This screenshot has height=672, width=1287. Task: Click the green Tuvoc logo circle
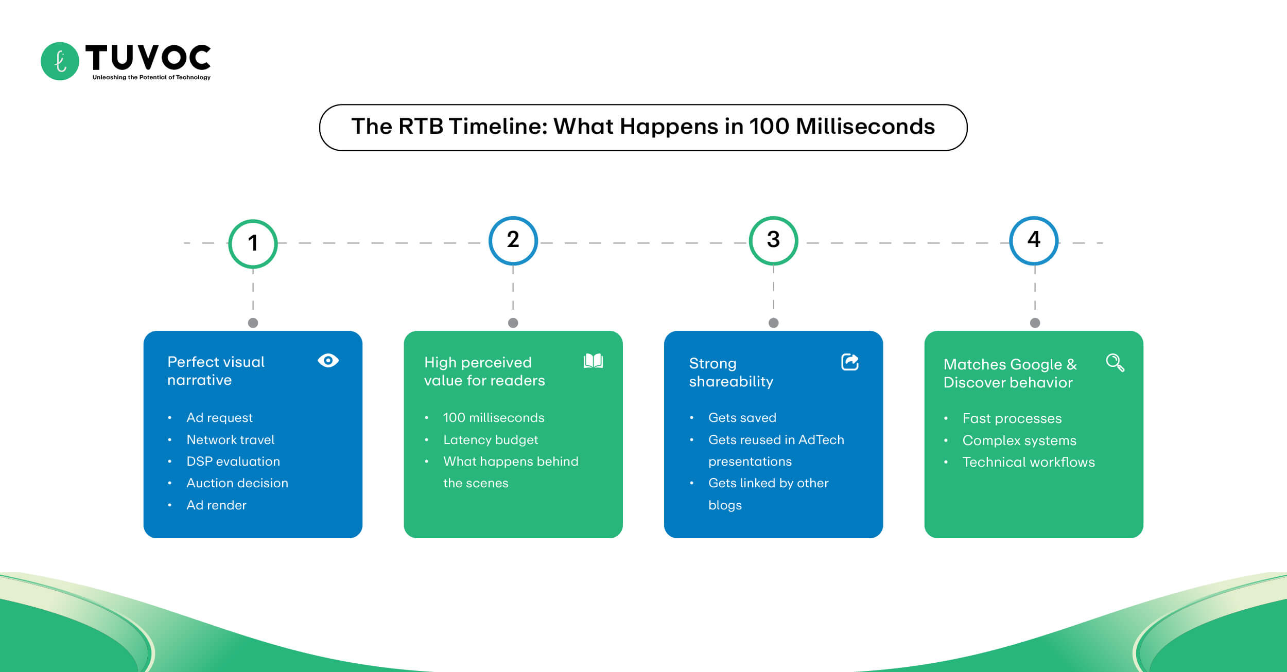tap(60, 61)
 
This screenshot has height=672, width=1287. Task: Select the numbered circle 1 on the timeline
tap(253, 243)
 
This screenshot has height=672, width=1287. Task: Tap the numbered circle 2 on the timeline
tap(513, 240)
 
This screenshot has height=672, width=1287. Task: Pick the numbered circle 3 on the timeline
tap(773, 240)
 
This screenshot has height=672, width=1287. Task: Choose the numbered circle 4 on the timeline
tap(1034, 240)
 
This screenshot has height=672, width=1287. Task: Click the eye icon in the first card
tap(328, 360)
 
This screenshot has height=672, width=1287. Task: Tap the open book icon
tap(593, 361)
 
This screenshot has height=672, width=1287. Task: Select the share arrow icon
tap(849, 362)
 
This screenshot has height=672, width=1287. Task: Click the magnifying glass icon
tap(1115, 362)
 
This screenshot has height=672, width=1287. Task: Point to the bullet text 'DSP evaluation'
tap(233, 461)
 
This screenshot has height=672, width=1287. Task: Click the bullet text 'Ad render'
tap(216, 505)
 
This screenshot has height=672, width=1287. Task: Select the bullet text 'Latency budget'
tap(491, 439)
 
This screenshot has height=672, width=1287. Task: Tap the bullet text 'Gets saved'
tap(742, 417)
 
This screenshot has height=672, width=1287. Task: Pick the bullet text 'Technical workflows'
tap(1029, 462)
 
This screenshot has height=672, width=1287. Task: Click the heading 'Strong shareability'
tap(731, 372)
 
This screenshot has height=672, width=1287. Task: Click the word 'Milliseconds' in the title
tap(865, 127)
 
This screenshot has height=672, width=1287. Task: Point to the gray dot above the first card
tap(253, 323)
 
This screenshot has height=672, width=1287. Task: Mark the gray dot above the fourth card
tap(1035, 323)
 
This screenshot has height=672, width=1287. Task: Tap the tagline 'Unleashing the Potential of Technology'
tap(151, 77)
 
